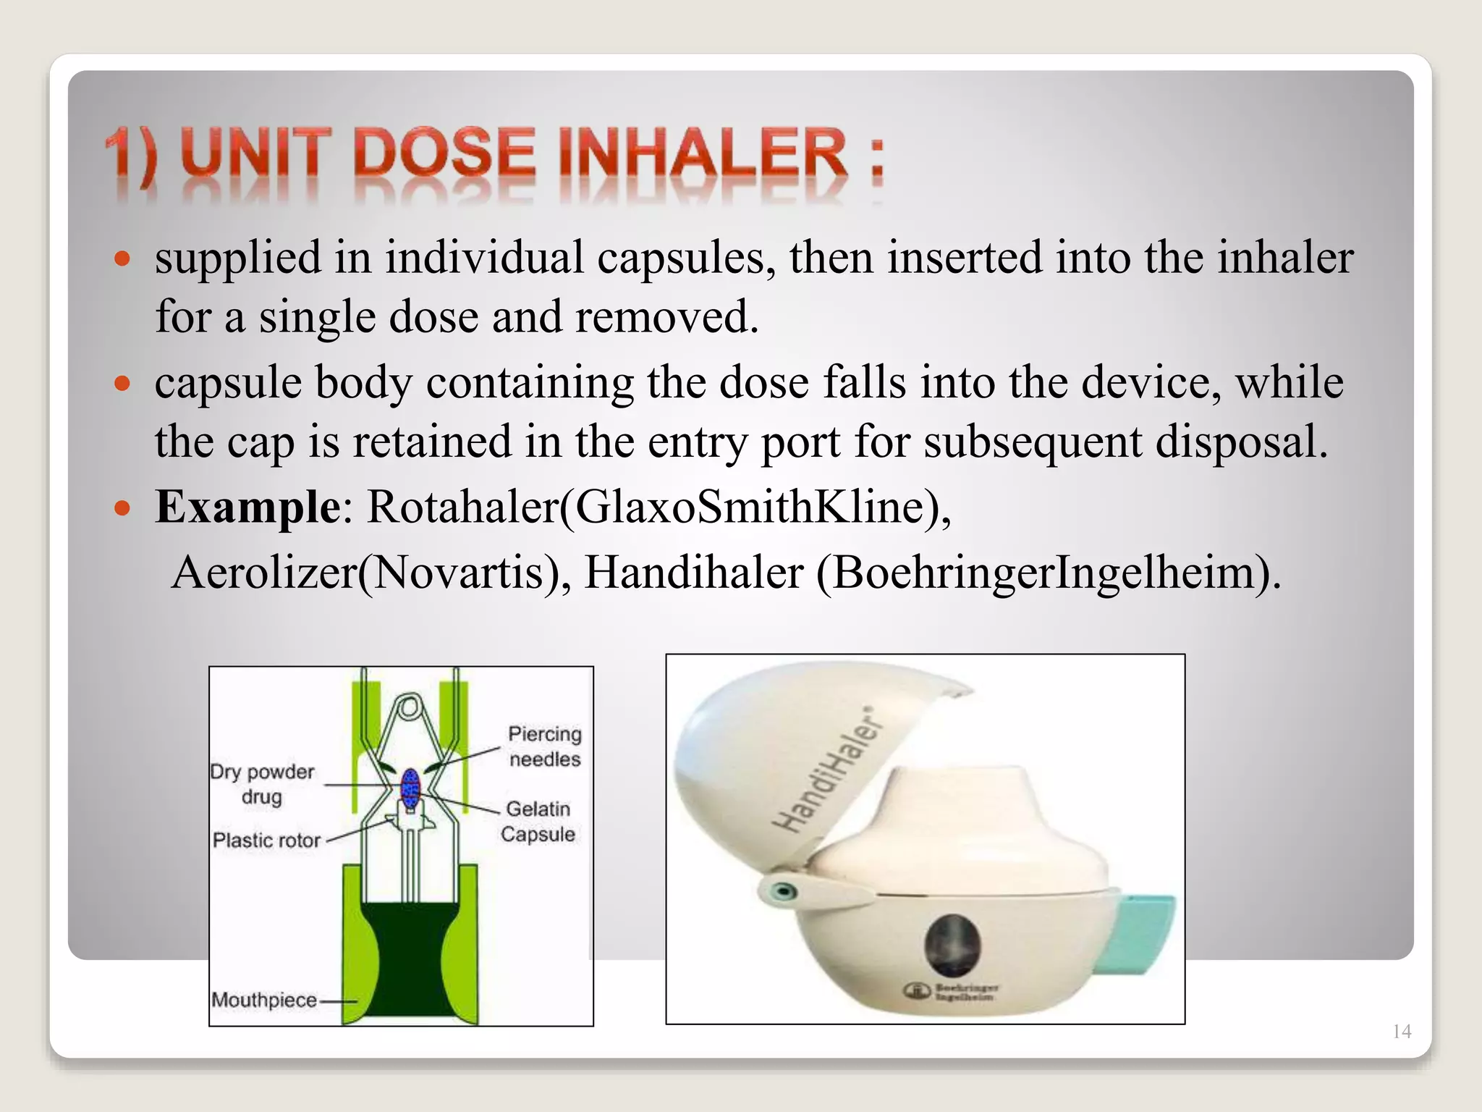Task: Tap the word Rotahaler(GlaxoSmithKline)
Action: pos(659,506)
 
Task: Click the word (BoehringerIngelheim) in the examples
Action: pos(1049,572)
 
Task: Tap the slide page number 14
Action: pos(1402,1032)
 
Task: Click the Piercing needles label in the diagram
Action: pos(545,746)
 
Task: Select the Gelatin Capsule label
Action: pos(538,821)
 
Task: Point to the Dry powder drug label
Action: pos(262,784)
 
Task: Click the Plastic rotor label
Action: pos(266,841)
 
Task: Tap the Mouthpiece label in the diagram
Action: pos(264,1000)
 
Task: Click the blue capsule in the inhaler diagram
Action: pos(410,787)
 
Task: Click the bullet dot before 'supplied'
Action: pos(123,258)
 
